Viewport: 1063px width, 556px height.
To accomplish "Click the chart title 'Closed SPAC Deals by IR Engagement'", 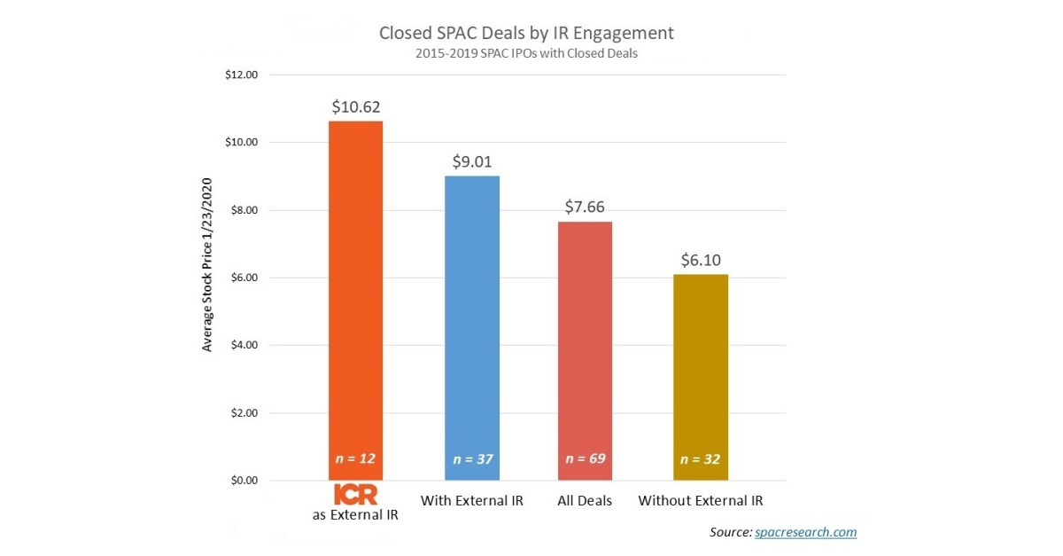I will pyautogui.click(x=526, y=33).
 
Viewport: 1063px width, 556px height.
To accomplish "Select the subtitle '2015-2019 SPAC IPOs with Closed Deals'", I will pyautogui.click(x=526, y=52).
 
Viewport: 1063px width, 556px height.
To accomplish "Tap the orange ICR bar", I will pyautogui.click(x=355, y=293).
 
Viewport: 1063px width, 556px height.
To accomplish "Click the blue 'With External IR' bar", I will pyautogui.click(x=471, y=319).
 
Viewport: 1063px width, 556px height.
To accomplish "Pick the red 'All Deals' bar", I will pyautogui.click(x=585, y=346).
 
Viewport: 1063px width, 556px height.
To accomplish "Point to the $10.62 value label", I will pyautogui.click(x=355, y=107).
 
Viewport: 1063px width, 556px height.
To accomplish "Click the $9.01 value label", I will pyautogui.click(x=471, y=162).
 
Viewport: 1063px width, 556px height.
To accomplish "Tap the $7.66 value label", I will pyautogui.click(x=585, y=208).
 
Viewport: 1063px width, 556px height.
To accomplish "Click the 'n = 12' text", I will pyautogui.click(x=355, y=459).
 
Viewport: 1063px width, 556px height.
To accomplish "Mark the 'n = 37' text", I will pyautogui.click(x=471, y=459).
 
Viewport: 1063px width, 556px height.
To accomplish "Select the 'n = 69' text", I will pyautogui.click(x=585, y=459).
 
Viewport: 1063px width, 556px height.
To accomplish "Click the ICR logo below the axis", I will pyautogui.click(x=355, y=495).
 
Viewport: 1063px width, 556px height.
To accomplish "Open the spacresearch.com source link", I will pyautogui.click(x=805, y=532).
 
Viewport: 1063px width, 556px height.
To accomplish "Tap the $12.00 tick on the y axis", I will pyautogui.click(x=241, y=75).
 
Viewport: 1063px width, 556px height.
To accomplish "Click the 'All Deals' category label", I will pyautogui.click(x=585, y=501).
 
